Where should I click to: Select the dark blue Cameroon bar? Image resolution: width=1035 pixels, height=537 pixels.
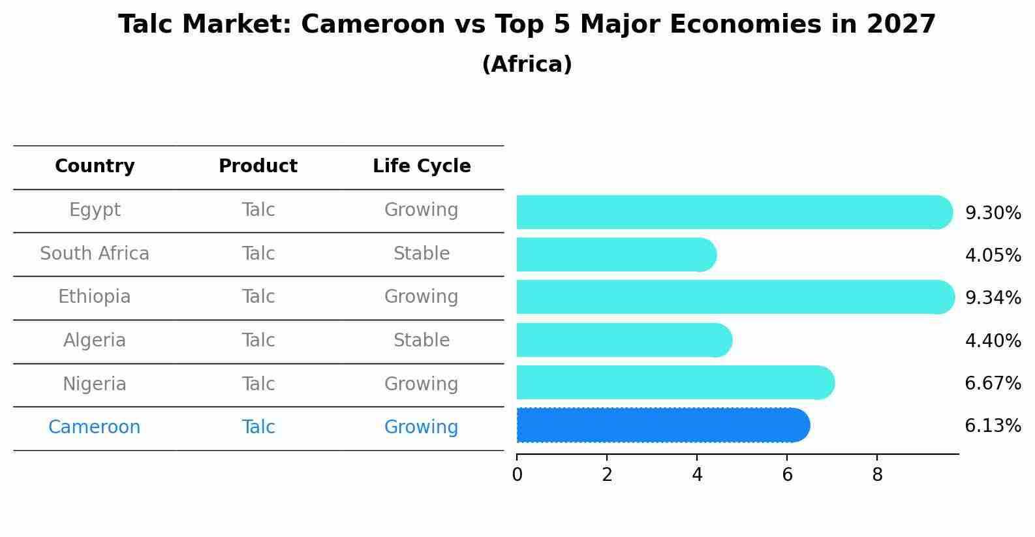click(x=662, y=425)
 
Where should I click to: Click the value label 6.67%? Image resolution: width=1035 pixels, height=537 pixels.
click(x=993, y=384)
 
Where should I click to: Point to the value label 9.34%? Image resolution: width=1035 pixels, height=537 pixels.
click(x=993, y=298)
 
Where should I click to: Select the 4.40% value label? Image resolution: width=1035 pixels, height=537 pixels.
click(x=993, y=341)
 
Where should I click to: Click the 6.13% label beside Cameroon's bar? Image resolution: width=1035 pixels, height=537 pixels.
click(x=993, y=426)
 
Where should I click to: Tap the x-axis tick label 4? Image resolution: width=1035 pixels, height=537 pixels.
click(x=697, y=475)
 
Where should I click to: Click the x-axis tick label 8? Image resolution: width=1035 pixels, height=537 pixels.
click(x=877, y=475)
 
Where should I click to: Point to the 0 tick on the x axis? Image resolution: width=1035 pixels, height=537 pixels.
click(x=517, y=475)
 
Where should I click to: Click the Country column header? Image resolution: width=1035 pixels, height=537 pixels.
click(x=95, y=166)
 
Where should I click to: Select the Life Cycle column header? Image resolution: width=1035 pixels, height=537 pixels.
click(x=422, y=166)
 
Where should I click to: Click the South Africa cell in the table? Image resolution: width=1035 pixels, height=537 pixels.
click(x=95, y=254)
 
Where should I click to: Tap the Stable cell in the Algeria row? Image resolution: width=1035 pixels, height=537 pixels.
click(x=422, y=341)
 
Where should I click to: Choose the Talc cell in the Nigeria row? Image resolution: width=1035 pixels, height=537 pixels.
click(x=258, y=384)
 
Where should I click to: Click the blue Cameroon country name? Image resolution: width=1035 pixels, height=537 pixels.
click(x=95, y=427)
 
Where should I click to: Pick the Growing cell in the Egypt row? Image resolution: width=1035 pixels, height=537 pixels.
click(x=422, y=210)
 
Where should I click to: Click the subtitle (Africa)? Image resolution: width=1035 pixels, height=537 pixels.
click(x=527, y=65)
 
